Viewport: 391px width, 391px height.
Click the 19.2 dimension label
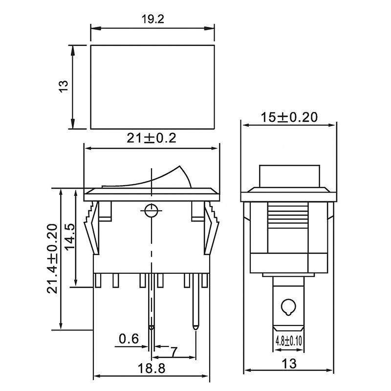tap(152, 19)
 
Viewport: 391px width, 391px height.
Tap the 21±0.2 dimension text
tap(152, 138)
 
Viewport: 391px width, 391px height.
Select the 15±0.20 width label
tap(289, 117)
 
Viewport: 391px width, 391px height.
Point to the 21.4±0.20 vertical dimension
tap(52, 259)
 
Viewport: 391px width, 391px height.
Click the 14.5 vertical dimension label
tap(69, 236)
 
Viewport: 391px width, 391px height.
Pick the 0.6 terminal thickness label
tap(129, 338)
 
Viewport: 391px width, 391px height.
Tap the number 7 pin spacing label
tap(174, 351)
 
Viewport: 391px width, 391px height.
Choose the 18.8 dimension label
tap(152, 369)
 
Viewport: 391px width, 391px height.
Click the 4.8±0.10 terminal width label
tap(288, 341)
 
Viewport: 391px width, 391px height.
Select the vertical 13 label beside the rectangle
tap(64, 87)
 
